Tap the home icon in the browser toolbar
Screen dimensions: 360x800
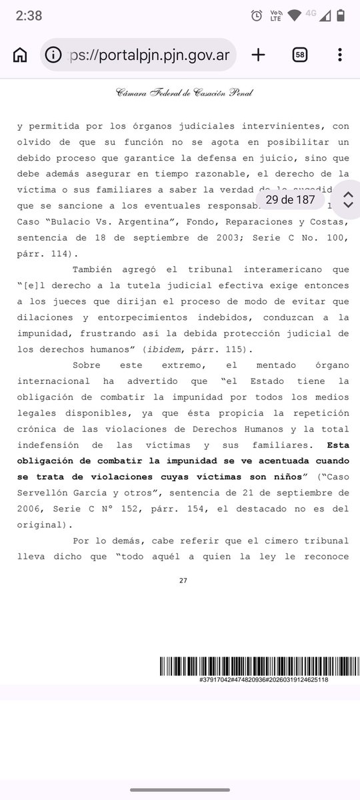(x=20, y=55)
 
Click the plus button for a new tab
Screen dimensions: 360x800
(x=258, y=55)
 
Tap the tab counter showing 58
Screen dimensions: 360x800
(x=300, y=55)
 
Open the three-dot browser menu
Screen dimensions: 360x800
(x=340, y=55)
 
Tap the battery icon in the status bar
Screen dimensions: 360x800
(x=341, y=15)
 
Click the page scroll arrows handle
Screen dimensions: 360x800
(x=347, y=199)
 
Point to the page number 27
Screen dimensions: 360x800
(x=183, y=581)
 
